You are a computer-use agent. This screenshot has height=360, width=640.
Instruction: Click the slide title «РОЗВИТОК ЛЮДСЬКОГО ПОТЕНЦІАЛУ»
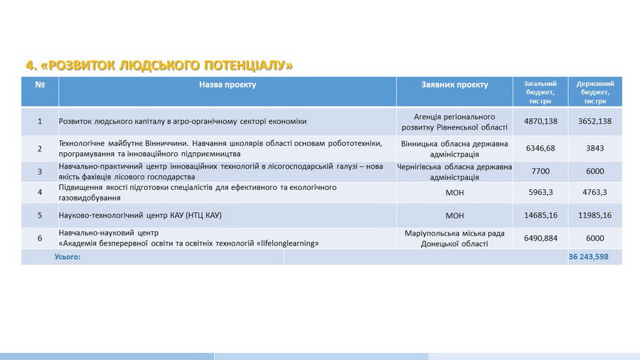pyautogui.click(x=159, y=65)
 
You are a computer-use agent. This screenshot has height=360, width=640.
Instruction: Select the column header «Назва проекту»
pyautogui.click(x=227, y=85)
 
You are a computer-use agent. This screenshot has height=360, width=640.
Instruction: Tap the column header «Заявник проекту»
pyautogui.click(x=454, y=85)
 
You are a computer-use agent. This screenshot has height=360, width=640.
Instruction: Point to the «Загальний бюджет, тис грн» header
pyautogui.click(x=540, y=92)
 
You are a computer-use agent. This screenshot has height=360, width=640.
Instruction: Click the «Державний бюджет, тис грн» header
pyautogui.click(x=594, y=92)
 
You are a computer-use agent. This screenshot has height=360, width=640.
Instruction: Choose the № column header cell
pyautogui.click(x=40, y=85)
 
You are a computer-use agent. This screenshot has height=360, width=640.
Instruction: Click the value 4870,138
pyautogui.click(x=540, y=122)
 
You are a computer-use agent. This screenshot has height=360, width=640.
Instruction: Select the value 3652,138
pyautogui.click(x=594, y=122)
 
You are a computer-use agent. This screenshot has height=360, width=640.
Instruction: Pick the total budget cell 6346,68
pyautogui.click(x=540, y=148)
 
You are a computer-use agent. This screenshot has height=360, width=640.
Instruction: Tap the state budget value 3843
pyautogui.click(x=594, y=148)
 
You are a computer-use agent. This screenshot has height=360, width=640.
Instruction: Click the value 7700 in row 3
pyautogui.click(x=540, y=171)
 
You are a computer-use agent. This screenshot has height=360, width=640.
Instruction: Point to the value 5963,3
pyautogui.click(x=540, y=192)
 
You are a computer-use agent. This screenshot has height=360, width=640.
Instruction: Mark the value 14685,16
pyautogui.click(x=540, y=215)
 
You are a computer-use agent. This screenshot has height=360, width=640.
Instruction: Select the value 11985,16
pyautogui.click(x=594, y=215)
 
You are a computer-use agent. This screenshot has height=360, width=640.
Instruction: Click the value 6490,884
pyautogui.click(x=540, y=238)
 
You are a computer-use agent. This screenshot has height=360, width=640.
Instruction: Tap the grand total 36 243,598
pyautogui.click(x=589, y=257)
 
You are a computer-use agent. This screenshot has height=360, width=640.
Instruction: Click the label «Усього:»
pyautogui.click(x=68, y=257)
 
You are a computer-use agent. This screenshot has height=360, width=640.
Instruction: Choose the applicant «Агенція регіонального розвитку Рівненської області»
pyautogui.click(x=454, y=122)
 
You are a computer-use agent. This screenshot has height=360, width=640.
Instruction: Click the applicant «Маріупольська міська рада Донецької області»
pyautogui.click(x=454, y=238)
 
